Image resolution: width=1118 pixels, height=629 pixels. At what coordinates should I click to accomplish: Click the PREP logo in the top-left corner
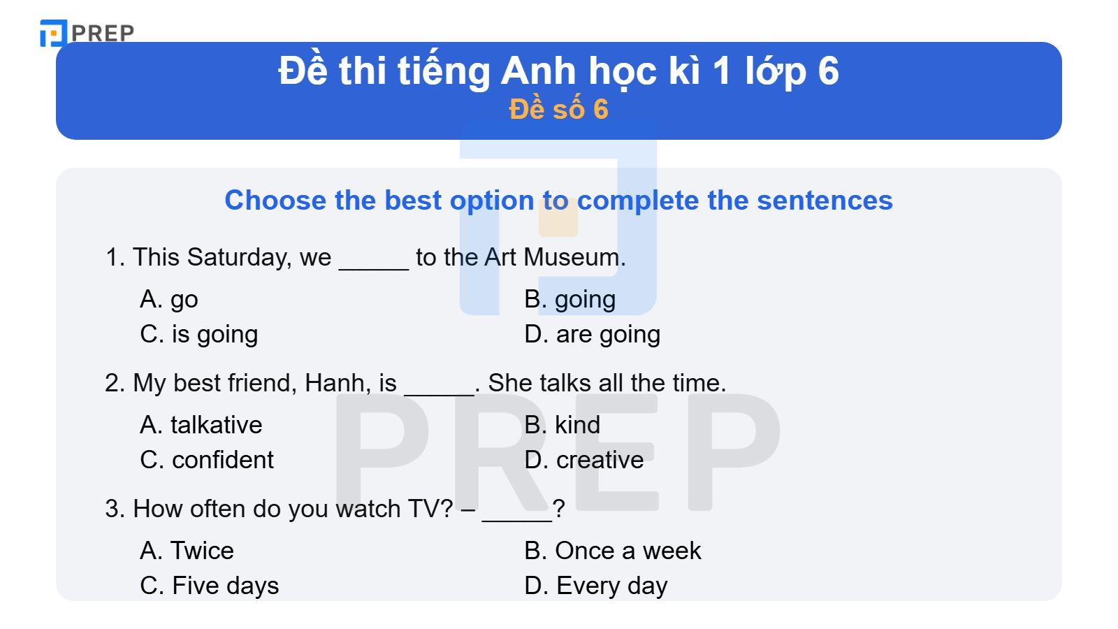coord(87,33)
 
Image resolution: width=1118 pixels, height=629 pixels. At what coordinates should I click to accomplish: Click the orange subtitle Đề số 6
coord(558,110)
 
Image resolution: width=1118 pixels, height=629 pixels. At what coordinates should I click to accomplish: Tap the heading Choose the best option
coord(558,201)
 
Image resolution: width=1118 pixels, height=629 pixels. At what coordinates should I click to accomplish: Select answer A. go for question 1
coord(169,299)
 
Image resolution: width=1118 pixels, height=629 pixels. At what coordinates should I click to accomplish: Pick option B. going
coord(570,299)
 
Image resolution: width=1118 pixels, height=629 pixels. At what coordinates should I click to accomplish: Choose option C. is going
coord(199,334)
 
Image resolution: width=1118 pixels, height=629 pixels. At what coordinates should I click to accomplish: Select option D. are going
coord(593,334)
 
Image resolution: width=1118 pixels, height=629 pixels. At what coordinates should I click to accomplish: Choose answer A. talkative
coord(201,425)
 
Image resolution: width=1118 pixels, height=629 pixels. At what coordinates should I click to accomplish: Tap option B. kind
coord(562,425)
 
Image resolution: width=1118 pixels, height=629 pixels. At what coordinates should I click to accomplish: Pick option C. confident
coord(207,460)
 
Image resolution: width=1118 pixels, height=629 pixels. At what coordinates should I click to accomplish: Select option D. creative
coord(584,460)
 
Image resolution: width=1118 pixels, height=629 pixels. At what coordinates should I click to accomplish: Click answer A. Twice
coord(187,551)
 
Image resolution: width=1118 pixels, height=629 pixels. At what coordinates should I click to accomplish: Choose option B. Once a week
coord(613,551)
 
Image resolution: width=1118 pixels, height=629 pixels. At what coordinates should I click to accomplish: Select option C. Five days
coord(210,586)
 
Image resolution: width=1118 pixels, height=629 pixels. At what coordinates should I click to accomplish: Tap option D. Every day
coord(596,586)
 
